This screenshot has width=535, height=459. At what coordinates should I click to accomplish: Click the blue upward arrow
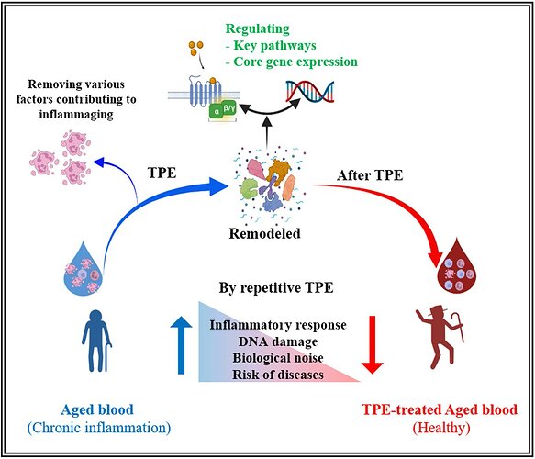(181, 345)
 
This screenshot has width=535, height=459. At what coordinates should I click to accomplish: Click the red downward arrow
(373, 344)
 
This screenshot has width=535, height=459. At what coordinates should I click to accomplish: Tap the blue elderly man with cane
(96, 341)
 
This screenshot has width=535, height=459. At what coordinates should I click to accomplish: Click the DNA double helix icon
(310, 92)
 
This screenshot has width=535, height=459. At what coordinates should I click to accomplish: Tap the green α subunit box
(216, 112)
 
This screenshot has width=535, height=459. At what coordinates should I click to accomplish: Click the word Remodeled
(265, 233)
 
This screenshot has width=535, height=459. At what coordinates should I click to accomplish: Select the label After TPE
(370, 175)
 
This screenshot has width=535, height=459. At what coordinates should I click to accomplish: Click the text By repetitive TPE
(276, 287)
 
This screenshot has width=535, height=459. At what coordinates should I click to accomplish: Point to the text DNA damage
(278, 341)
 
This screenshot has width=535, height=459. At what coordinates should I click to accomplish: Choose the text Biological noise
(278, 358)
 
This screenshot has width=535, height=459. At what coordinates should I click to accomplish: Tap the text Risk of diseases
(278, 375)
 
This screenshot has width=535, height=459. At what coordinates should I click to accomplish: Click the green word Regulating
(258, 29)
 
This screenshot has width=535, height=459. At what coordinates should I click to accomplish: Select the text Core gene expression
(295, 62)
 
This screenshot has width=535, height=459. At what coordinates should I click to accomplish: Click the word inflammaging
(76, 114)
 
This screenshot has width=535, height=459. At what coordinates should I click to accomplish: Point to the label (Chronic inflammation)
(99, 427)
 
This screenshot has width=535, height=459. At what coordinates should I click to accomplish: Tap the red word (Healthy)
(440, 427)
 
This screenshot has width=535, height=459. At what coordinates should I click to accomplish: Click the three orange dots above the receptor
(196, 48)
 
